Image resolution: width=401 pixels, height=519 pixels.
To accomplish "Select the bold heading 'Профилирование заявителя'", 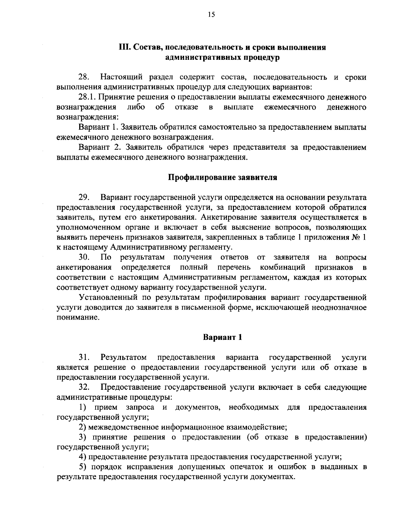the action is [222, 177].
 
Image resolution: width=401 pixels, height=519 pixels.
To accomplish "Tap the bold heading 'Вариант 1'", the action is [222, 337].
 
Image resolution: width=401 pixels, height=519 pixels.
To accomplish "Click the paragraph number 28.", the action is [84, 78].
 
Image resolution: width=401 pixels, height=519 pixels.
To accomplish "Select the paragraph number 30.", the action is [84, 257].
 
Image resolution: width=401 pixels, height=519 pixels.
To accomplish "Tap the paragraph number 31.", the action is [84, 358].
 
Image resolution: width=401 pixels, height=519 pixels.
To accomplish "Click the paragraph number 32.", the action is [84, 388].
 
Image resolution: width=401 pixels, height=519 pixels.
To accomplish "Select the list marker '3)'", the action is [83, 437].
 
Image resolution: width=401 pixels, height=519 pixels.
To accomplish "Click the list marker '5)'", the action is [83, 467].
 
